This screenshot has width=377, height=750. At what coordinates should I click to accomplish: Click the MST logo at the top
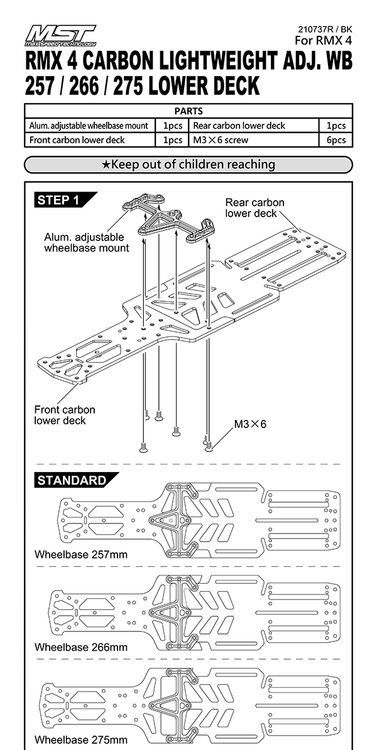click(60, 36)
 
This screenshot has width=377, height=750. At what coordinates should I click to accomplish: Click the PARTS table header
click(188, 111)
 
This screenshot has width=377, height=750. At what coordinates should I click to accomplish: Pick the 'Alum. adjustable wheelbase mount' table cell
click(89, 126)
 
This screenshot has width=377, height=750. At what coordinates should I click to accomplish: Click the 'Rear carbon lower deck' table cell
click(239, 126)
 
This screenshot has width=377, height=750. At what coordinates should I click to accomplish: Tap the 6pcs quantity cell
click(336, 140)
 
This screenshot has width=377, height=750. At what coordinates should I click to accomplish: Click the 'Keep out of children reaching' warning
click(188, 164)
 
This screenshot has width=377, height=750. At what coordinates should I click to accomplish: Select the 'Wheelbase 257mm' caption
click(81, 555)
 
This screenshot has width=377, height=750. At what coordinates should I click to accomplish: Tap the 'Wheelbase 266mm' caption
click(81, 647)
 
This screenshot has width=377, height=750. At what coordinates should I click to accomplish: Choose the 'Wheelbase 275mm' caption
click(81, 740)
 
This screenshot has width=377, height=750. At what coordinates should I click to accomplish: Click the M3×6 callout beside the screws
click(250, 424)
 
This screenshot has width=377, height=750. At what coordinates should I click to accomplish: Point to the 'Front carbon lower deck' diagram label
click(65, 415)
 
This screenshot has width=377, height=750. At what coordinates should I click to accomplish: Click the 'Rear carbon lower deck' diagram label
click(254, 208)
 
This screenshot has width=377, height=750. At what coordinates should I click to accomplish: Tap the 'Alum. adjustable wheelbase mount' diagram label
click(87, 243)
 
